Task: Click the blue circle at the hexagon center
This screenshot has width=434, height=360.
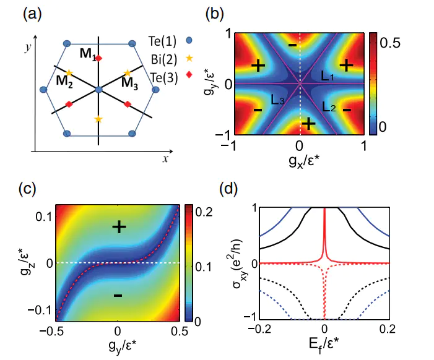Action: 98,90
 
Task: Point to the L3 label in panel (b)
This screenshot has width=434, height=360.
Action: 277,99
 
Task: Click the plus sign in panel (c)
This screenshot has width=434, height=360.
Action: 119,228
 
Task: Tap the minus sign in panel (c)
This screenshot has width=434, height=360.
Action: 118,296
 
